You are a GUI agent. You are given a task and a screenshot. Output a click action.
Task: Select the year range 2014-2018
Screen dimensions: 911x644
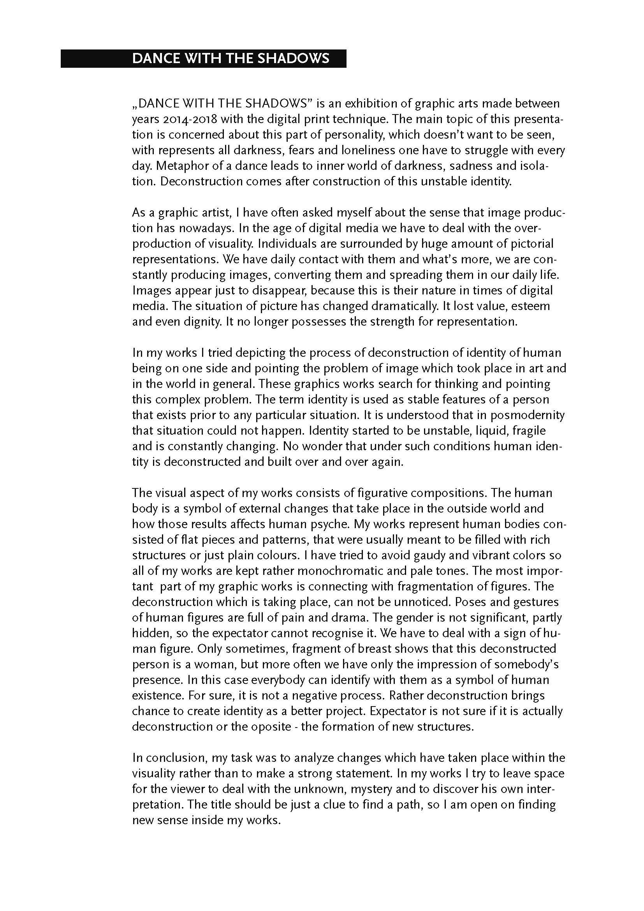(x=188, y=119)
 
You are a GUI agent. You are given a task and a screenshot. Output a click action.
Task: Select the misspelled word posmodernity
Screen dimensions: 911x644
(x=528, y=415)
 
